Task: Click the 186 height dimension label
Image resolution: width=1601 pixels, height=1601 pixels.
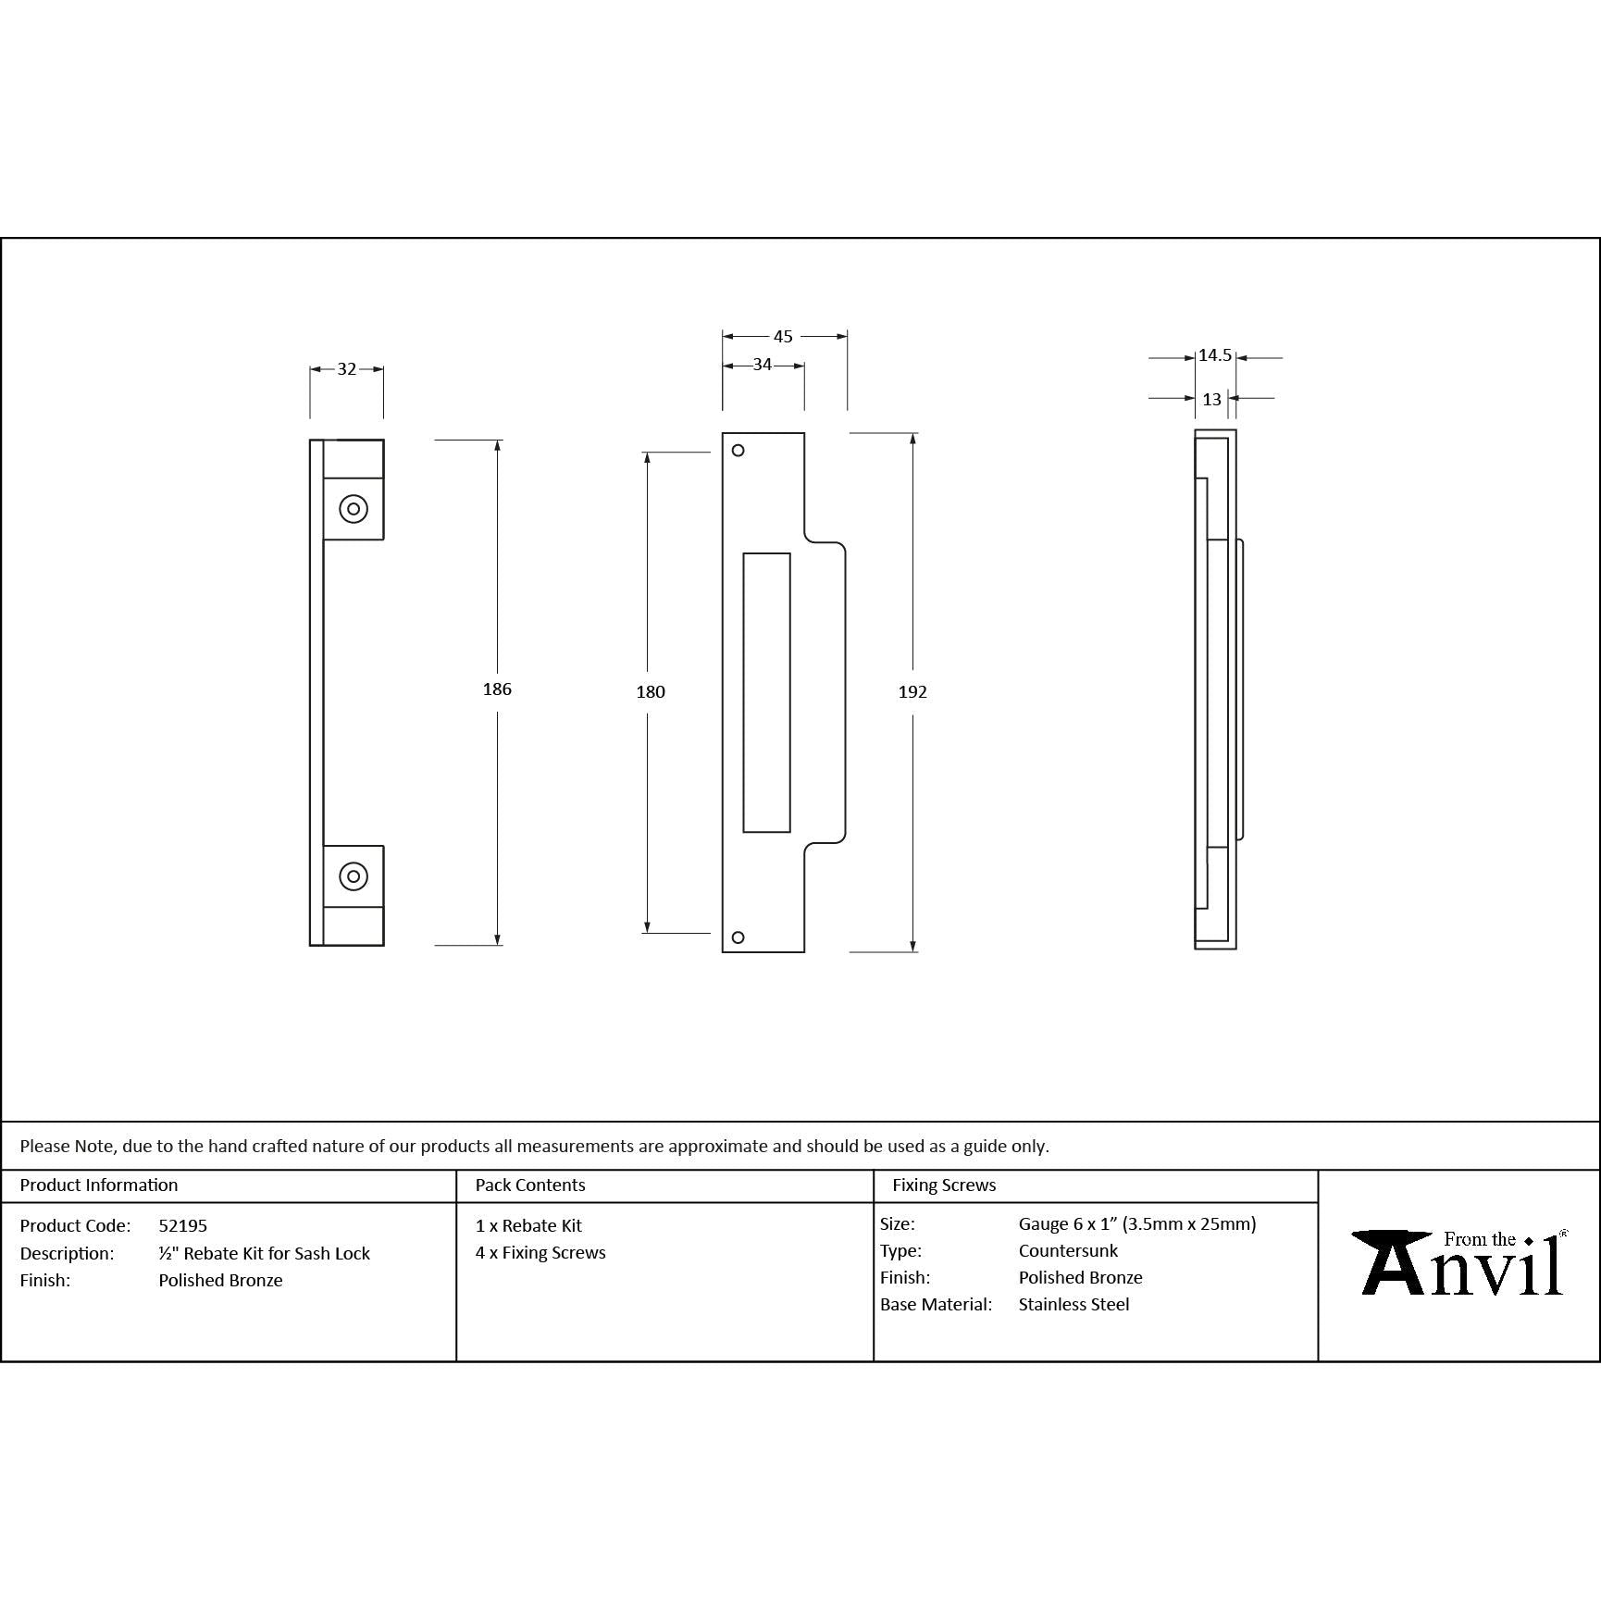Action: pos(497,689)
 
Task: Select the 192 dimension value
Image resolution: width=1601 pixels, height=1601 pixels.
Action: pos(912,691)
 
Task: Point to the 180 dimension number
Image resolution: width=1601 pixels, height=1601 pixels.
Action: pos(651,691)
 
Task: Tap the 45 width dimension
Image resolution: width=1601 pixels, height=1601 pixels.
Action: pos(783,337)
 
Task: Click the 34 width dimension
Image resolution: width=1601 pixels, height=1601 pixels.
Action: pos(762,365)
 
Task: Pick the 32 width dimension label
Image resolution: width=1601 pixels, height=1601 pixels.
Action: pos(346,369)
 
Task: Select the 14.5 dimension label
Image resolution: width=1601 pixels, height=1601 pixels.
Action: pos(1214,355)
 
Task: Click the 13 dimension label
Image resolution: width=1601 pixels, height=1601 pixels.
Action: pos(1211,399)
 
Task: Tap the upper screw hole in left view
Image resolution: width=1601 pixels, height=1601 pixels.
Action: pos(354,509)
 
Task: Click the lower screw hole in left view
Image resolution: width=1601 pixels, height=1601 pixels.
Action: pos(354,875)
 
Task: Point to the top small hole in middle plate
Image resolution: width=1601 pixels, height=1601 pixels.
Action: pos(738,451)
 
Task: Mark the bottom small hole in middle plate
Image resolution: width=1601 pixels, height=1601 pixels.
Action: pos(738,937)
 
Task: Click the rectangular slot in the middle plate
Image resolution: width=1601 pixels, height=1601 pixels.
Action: pos(766,692)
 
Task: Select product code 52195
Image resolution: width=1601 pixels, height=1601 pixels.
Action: pos(182,1225)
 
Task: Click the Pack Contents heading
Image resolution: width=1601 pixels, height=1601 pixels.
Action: pos(529,1185)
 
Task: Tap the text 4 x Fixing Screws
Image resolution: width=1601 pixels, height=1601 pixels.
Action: pos(540,1252)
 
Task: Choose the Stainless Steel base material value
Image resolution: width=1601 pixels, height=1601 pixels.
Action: pos(1074,1304)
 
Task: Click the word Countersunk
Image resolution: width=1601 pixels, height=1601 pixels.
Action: pos(1068,1250)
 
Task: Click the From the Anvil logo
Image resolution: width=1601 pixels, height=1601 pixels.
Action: pos(1459,1263)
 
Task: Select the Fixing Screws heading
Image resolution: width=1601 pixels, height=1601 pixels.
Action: pos(944,1185)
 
